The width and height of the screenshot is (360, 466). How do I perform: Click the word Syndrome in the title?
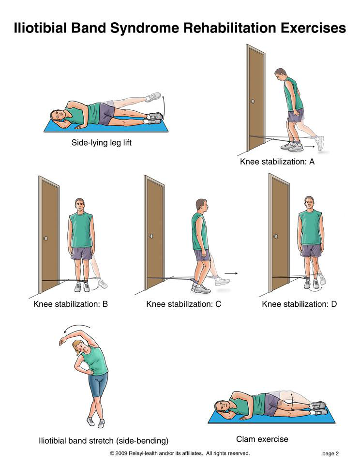point(145,29)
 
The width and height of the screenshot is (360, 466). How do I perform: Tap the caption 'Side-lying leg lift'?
point(101,143)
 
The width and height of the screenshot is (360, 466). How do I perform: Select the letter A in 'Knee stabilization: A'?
point(312,162)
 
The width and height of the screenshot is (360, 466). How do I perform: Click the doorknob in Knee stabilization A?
point(253,101)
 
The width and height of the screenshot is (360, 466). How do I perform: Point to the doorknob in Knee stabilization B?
point(46,239)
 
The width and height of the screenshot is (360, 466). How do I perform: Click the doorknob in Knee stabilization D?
point(276,237)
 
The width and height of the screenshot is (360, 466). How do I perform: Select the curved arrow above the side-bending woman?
point(76,328)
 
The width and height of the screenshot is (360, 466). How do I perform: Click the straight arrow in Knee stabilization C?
point(231,273)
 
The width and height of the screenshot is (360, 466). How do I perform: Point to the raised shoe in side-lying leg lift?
point(153,97)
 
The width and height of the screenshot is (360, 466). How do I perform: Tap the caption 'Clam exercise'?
point(262,439)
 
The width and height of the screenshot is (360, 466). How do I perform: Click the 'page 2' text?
point(330,453)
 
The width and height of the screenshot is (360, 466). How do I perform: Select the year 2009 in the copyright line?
point(121,453)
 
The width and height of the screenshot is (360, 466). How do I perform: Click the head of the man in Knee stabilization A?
point(281,75)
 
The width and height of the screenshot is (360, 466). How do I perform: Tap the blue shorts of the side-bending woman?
point(98,385)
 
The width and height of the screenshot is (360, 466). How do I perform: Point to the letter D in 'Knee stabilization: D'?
point(333,304)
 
